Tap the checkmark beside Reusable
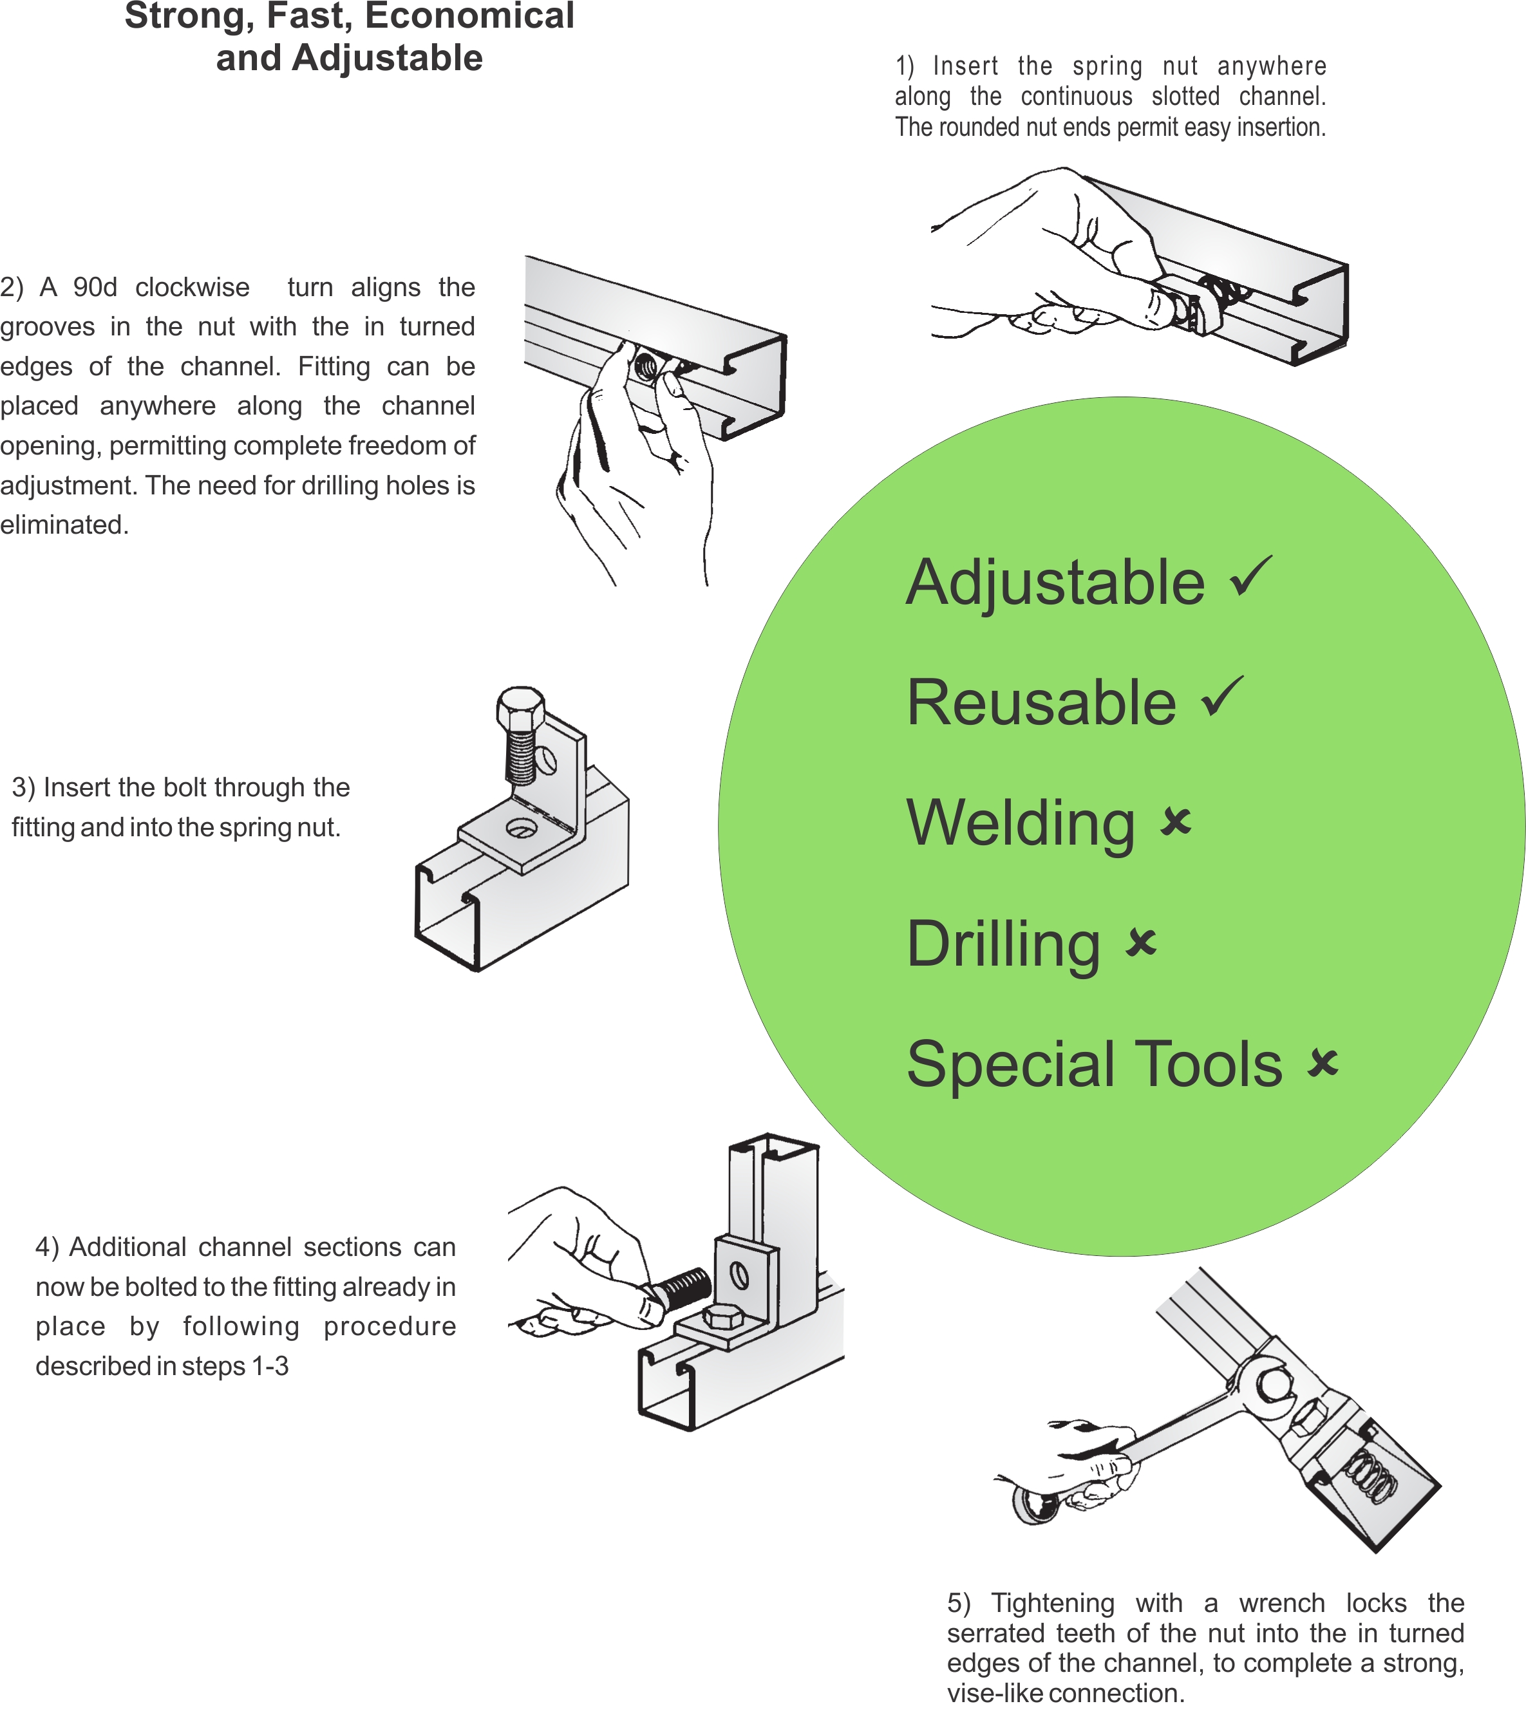click(1222, 697)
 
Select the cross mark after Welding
click(1176, 821)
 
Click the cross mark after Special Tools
click(1323, 1062)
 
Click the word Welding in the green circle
click(1021, 824)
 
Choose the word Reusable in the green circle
click(1042, 703)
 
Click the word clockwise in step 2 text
click(193, 288)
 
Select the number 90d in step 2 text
click(95, 288)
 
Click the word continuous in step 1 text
click(1076, 97)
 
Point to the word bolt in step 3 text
click(193, 788)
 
